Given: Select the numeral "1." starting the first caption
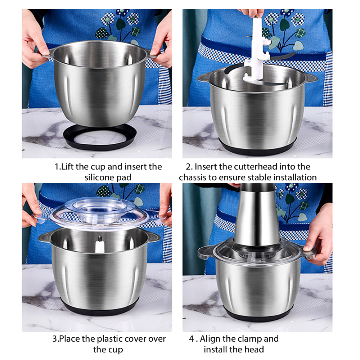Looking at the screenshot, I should [x=58, y=167].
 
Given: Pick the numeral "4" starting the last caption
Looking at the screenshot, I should [x=192, y=339].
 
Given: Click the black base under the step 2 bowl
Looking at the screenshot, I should [x=257, y=149].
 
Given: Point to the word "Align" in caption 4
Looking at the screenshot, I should [x=210, y=339].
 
